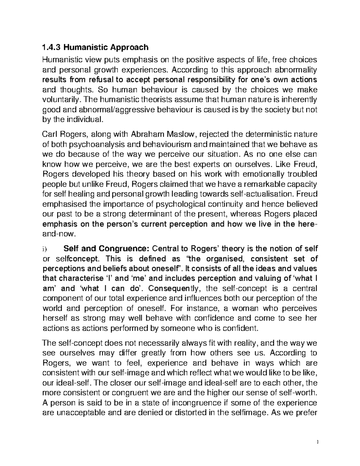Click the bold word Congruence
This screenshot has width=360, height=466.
(124, 249)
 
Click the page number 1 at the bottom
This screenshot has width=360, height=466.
(317, 442)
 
